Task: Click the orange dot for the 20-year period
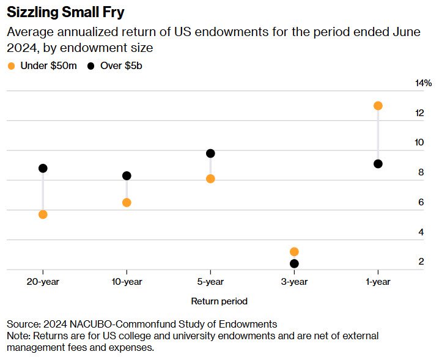(x=43, y=215)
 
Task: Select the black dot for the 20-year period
(x=43, y=168)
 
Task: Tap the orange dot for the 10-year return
(x=127, y=202)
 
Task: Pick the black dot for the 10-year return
(x=127, y=175)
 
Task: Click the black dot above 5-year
(x=210, y=153)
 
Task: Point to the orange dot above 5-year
(x=210, y=178)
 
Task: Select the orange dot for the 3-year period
(x=294, y=251)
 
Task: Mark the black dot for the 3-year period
(x=294, y=263)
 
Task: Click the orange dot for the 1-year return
(x=378, y=106)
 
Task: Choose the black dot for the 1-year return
(x=378, y=164)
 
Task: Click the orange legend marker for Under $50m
(x=11, y=65)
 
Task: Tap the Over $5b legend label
(x=122, y=65)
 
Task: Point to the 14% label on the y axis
(x=423, y=83)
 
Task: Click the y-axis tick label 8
(x=421, y=172)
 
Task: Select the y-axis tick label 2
(x=421, y=262)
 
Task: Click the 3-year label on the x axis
(x=294, y=282)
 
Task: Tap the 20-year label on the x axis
(x=43, y=282)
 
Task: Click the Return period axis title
(x=219, y=301)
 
